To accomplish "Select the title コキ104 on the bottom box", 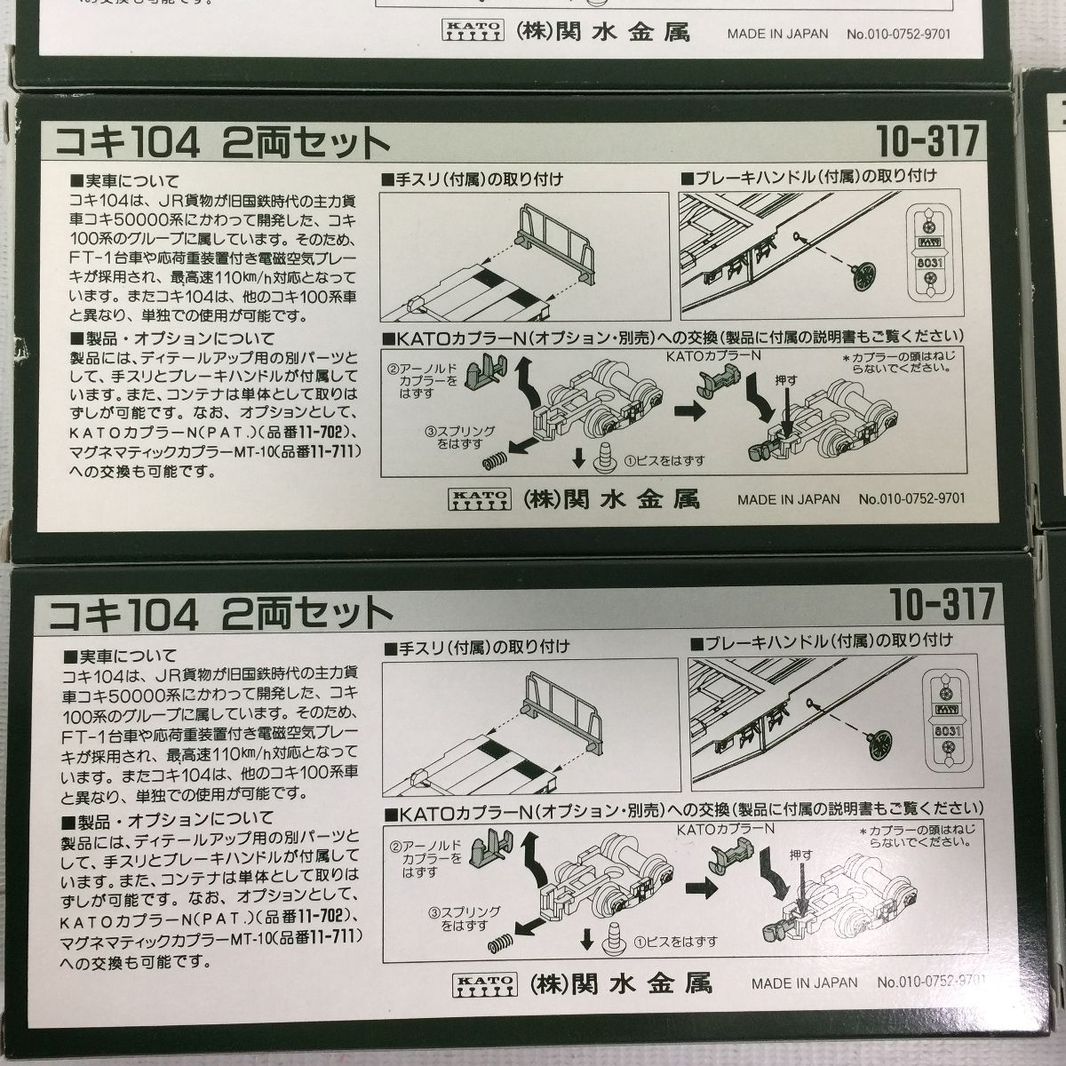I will (x=130, y=612).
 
